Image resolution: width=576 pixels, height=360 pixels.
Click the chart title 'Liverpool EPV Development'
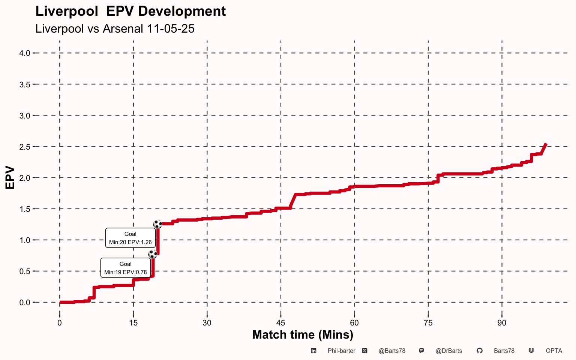[x=130, y=11]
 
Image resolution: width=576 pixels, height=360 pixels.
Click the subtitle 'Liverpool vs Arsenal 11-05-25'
[x=115, y=29]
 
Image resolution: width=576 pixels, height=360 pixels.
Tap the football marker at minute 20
[x=157, y=224]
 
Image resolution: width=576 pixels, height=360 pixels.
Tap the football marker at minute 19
[x=153, y=254]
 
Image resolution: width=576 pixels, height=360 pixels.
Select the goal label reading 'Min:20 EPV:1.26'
[x=130, y=238]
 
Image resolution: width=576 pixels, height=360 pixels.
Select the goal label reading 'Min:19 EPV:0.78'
[x=125, y=268]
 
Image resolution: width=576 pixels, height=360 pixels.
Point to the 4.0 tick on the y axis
[x=25, y=53]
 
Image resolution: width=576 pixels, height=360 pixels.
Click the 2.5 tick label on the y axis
[x=25, y=147]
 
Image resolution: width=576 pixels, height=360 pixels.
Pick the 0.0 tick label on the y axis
[x=25, y=303]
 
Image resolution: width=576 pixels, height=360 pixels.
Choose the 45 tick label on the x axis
[x=280, y=323]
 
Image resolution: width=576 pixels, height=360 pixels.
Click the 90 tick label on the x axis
[x=502, y=323]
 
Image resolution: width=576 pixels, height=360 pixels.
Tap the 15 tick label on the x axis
[x=133, y=323]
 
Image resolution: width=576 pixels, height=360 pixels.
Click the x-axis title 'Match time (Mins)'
[x=303, y=334]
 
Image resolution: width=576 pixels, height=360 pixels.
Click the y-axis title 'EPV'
[x=10, y=178]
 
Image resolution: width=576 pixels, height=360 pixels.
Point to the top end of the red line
[x=546, y=144]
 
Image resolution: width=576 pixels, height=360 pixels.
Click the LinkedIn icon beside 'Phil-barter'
[x=313, y=351]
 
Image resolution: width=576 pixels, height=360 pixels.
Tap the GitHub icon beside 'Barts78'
[x=479, y=351]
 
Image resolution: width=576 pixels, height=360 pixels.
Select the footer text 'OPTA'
[x=554, y=351]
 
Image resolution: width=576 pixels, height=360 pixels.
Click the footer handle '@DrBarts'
[x=448, y=351]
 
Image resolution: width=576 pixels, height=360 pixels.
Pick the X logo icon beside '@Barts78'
[x=364, y=351]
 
